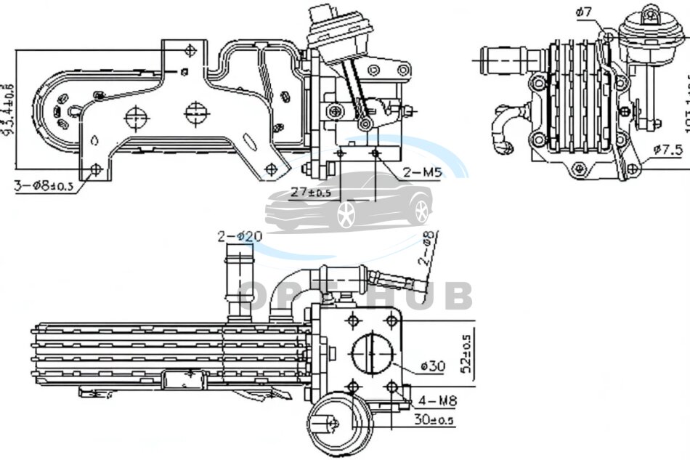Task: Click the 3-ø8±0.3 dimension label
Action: coord(44,186)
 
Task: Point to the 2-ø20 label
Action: coord(240,236)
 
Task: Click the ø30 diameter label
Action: coord(432,366)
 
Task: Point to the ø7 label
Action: coord(585,12)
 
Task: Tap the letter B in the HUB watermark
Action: coord(456,296)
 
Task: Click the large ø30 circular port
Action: coord(373,355)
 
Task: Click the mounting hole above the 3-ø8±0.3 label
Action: coord(94,169)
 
